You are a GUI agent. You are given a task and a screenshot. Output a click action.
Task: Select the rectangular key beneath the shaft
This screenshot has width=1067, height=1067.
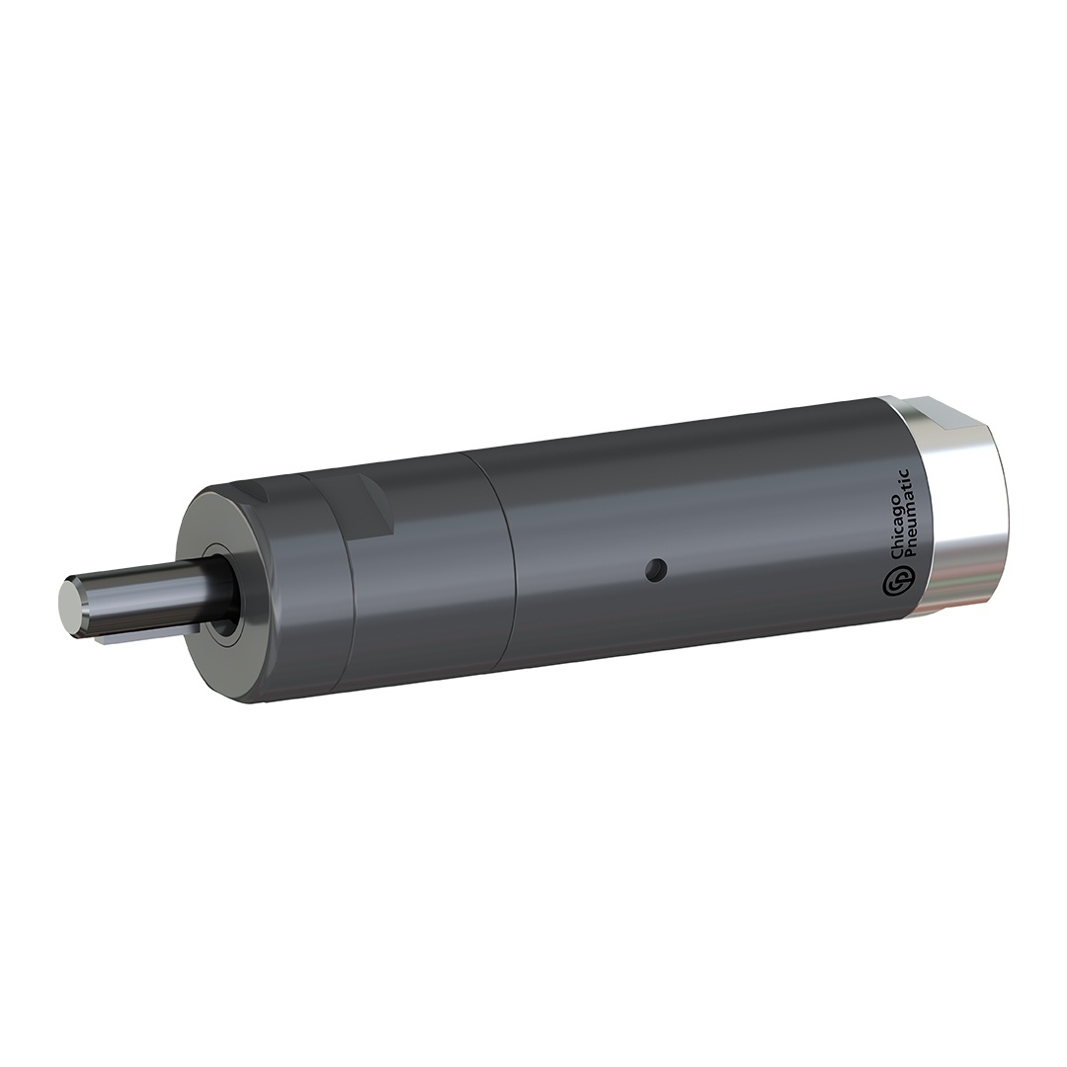point(148,635)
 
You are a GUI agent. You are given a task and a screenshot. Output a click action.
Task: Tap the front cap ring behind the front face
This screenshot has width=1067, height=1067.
point(296,593)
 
